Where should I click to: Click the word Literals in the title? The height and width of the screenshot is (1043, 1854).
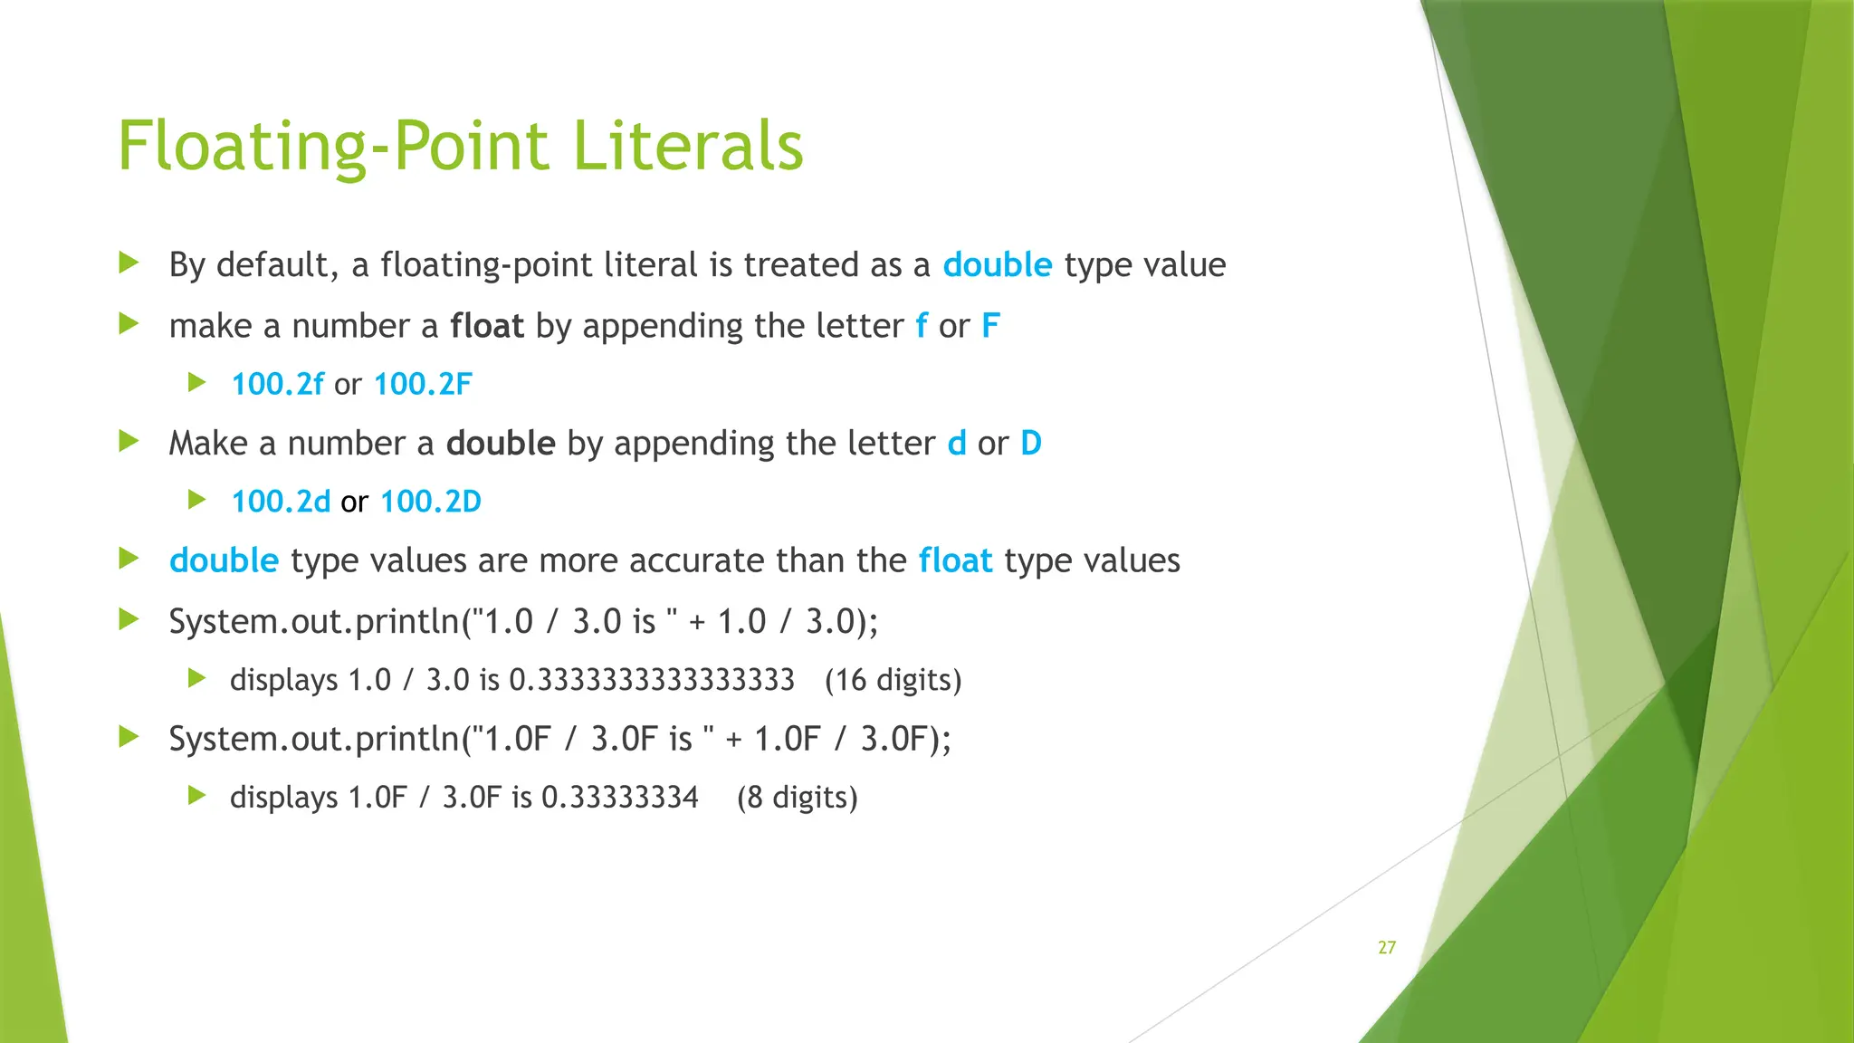tap(688, 146)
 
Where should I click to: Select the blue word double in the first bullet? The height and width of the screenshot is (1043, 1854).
tap(997, 265)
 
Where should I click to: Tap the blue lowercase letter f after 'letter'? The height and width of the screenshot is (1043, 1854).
tap(922, 326)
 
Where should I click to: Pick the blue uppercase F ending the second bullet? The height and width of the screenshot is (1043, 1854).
tap(990, 326)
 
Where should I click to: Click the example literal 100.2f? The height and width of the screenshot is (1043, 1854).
tap(277, 384)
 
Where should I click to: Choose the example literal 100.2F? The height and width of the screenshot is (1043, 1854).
tap(423, 384)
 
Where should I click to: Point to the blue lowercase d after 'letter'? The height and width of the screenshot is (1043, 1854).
tap(956, 444)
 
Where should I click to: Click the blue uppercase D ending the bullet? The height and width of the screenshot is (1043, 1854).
tap(1031, 444)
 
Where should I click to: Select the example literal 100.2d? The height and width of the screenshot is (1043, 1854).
tap(281, 502)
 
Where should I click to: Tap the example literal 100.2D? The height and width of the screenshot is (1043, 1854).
tap(431, 502)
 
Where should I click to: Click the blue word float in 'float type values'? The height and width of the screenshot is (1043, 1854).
tap(955, 561)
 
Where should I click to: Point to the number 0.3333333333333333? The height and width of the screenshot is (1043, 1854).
tap(652, 680)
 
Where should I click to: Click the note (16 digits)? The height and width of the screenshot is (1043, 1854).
tap(893, 680)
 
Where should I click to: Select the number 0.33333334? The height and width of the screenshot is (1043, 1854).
tap(620, 798)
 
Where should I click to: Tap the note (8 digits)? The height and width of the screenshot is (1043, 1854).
tap(797, 798)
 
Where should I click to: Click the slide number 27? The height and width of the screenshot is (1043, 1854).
tap(1387, 948)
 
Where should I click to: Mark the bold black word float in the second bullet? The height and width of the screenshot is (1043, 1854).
tap(487, 326)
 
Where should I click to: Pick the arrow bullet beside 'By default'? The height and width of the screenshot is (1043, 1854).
tap(129, 263)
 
